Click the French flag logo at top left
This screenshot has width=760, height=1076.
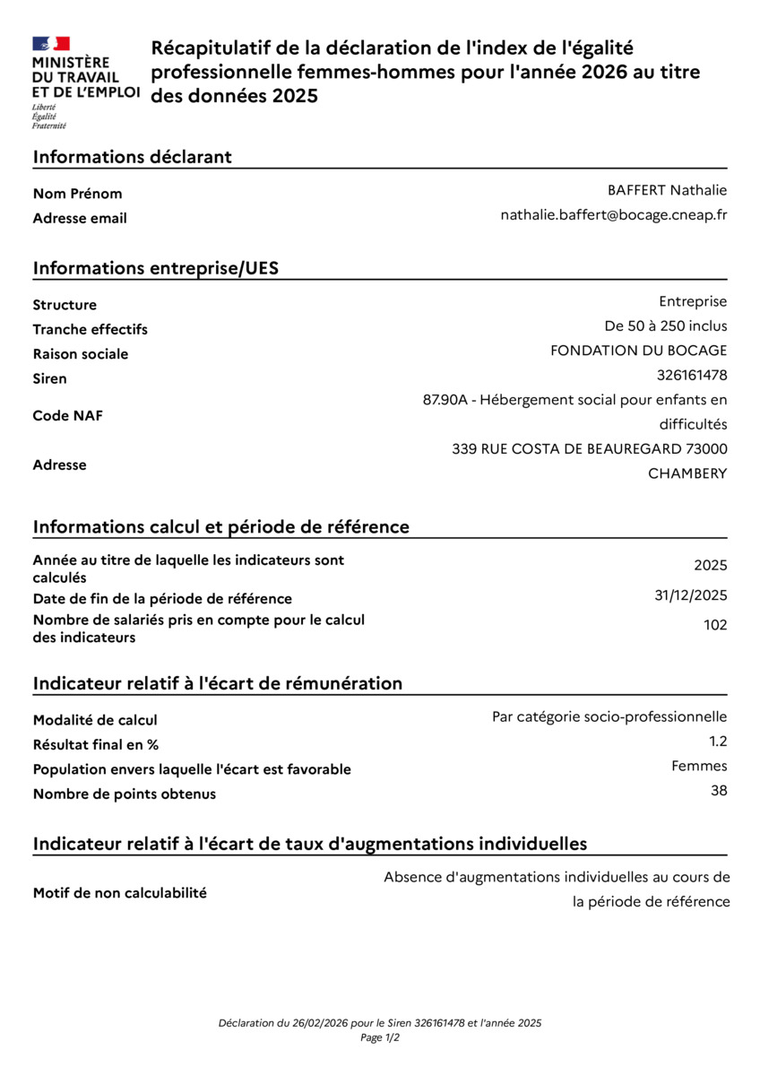tap(51, 43)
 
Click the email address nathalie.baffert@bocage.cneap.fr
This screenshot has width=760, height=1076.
tap(613, 215)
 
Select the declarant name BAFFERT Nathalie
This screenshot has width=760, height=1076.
tap(667, 190)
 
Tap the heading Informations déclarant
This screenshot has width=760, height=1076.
tap(133, 157)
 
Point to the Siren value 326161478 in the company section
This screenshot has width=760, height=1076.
tap(692, 375)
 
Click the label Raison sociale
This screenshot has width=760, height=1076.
tap(81, 354)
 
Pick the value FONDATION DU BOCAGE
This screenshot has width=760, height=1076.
tap(638, 351)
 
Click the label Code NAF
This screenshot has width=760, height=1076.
tap(67, 416)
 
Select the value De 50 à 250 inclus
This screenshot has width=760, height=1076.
tap(666, 325)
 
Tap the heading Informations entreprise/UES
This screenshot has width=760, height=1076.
tap(156, 268)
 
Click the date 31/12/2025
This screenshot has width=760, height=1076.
tap(691, 595)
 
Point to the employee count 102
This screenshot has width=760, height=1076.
tap(715, 625)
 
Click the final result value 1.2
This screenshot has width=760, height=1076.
tap(718, 741)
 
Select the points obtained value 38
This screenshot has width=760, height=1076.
tap(719, 790)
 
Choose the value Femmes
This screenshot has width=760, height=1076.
tap(699, 766)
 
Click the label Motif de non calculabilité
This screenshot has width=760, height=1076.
tap(120, 893)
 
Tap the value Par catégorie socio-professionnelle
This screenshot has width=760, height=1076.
tap(609, 716)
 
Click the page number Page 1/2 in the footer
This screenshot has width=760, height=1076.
tap(380, 1037)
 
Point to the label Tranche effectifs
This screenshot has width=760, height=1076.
tap(91, 329)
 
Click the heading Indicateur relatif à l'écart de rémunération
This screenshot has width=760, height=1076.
tap(218, 683)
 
